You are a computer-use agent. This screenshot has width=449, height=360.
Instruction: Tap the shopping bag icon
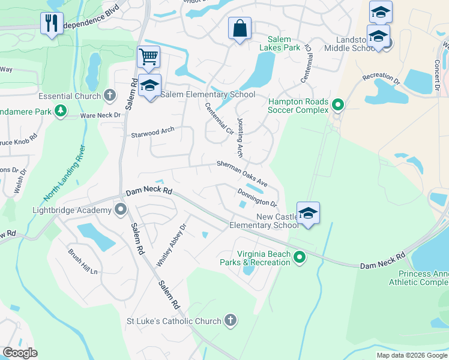click(x=240, y=28)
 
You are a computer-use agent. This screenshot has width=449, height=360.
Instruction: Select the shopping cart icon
click(x=148, y=58)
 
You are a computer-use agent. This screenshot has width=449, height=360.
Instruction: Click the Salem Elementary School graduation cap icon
click(x=149, y=86)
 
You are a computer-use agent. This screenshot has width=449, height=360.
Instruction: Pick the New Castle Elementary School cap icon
click(x=308, y=213)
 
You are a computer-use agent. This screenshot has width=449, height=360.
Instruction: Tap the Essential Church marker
click(x=109, y=95)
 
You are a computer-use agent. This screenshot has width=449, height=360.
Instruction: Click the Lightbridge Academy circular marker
click(x=121, y=209)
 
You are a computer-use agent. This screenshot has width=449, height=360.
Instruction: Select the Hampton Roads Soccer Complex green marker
click(x=338, y=106)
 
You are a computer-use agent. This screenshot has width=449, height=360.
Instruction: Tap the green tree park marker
click(x=60, y=110)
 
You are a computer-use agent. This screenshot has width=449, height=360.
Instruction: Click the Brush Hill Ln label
click(x=82, y=262)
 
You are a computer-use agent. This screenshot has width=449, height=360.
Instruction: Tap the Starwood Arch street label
click(x=152, y=133)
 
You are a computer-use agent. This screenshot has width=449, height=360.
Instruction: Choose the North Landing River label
click(x=65, y=174)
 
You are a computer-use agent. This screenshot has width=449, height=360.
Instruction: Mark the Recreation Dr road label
click(x=381, y=78)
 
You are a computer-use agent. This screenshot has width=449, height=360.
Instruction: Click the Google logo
click(x=20, y=353)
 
